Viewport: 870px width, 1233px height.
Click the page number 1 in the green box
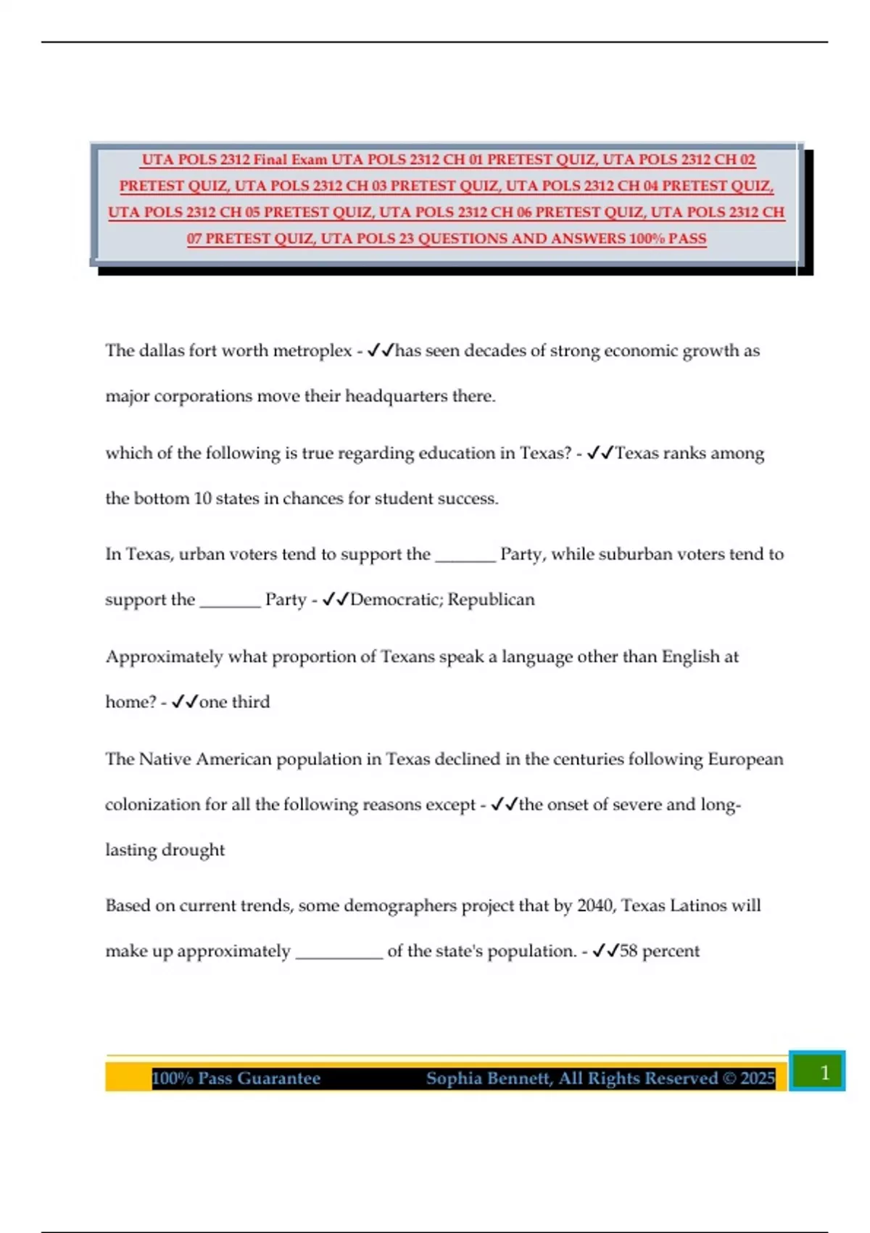tap(824, 1073)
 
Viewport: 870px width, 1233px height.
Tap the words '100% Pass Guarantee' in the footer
tap(236, 1079)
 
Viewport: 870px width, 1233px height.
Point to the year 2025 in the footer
tap(758, 1079)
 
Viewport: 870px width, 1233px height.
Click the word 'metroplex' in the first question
tap(312, 351)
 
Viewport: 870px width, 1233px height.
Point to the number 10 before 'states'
tap(202, 499)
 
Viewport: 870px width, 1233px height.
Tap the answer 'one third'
tap(234, 702)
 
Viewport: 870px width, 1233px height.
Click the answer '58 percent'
tap(660, 952)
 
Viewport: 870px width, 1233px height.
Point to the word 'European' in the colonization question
tap(745, 759)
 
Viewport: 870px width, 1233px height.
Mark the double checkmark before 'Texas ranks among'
tap(600, 453)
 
